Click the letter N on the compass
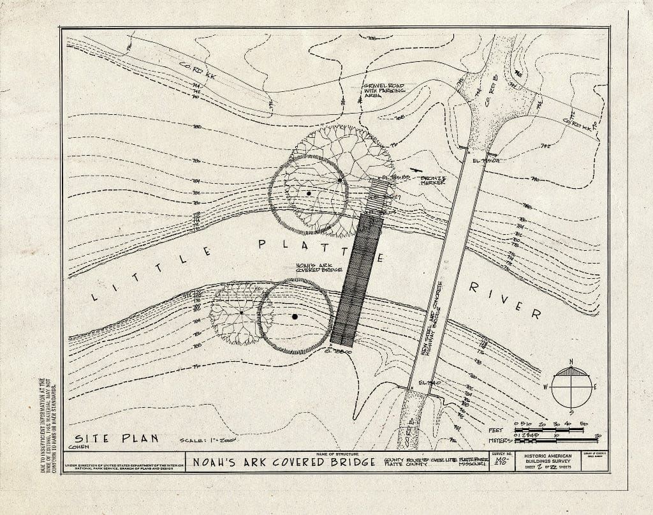[571, 362]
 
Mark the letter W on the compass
[546, 387]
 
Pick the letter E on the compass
[596, 387]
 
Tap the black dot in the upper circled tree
[309, 193]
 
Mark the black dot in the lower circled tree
[295, 316]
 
